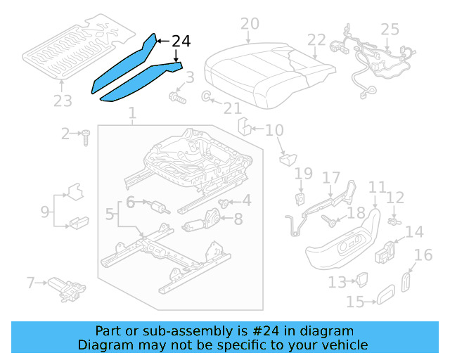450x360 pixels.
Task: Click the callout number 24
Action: tap(181, 42)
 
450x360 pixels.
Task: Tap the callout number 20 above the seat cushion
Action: tap(250, 25)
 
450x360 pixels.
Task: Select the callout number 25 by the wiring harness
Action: tap(389, 30)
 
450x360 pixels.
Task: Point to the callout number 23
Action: tap(63, 101)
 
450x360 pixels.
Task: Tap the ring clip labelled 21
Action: tap(207, 96)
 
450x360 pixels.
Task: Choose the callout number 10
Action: tap(274, 130)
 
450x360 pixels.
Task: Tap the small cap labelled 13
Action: tap(364, 281)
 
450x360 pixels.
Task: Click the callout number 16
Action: tap(423, 255)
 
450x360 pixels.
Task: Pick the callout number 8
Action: tap(238, 219)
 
